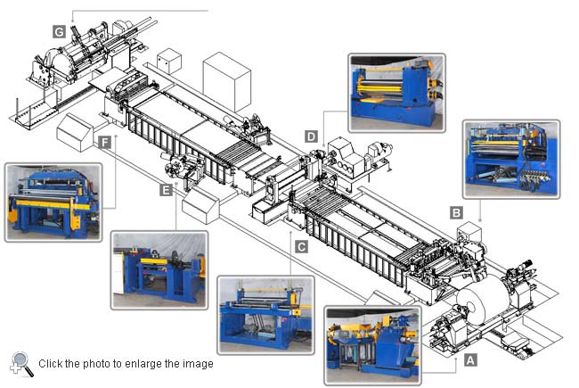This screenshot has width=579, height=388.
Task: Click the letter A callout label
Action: click(x=471, y=361)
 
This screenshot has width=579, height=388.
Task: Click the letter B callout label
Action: click(x=456, y=213)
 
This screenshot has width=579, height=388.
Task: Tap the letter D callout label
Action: click(x=311, y=136)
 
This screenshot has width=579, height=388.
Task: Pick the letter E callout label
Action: click(x=166, y=189)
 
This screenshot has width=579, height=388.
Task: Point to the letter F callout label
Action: click(x=106, y=142)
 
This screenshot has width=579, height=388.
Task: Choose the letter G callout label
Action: click(x=59, y=31)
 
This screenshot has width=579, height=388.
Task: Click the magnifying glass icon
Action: click(x=21, y=363)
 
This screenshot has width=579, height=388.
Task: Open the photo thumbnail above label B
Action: click(x=510, y=159)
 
